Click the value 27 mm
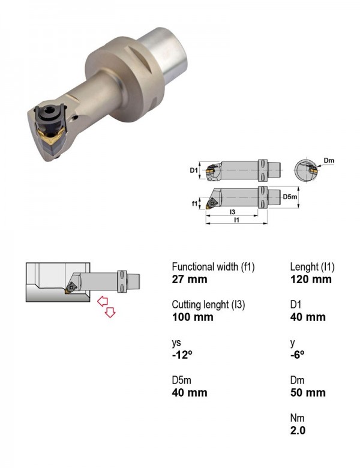[x=189, y=280]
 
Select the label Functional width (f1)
[x=213, y=267]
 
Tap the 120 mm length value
[x=311, y=280]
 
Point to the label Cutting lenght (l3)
[x=208, y=305]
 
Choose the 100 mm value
[x=193, y=317]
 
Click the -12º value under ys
[x=182, y=355]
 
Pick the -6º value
[x=298, y=355]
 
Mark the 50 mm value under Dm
[x=308, y=393]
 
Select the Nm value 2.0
[x=298, y=430]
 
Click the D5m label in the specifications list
[x=181, y=380]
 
